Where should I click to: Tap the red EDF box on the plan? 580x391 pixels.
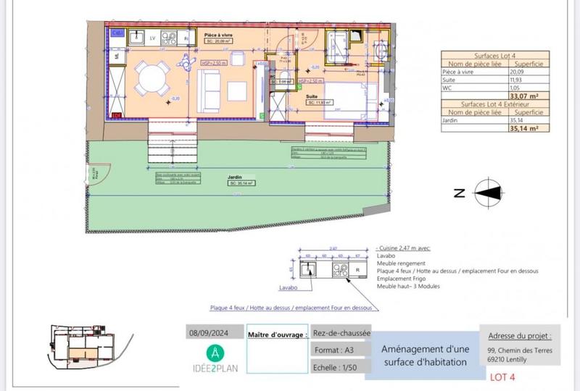click(x=116, y=114)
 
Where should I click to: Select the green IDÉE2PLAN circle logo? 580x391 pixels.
click(x=217, y=353)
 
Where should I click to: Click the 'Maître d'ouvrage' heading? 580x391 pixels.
click(x=275, y=335)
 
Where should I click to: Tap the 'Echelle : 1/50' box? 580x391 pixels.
click(x=340, y=367)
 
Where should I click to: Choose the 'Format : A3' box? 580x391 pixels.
click(x=340, y=350)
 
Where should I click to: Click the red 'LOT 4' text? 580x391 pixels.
click(x=502, y=377)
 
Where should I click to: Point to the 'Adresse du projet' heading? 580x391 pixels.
click(x=521, y=336)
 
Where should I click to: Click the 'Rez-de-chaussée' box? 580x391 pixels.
click(x=341, y=334)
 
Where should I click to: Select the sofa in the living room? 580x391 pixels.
click(x=210, y=90)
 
